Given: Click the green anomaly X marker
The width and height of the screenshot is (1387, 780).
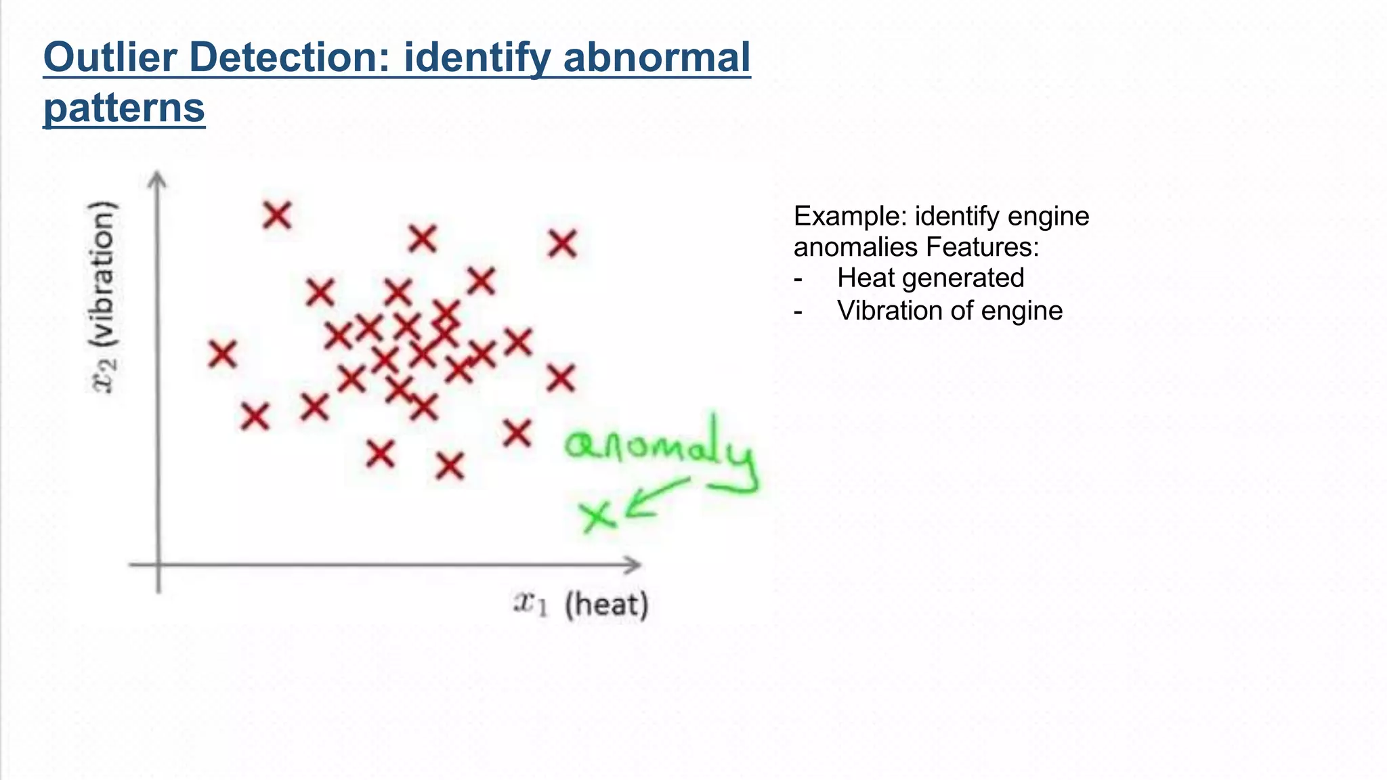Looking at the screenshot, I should pos(598,517).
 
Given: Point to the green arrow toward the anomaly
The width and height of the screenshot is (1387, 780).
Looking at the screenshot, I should pos(654,498).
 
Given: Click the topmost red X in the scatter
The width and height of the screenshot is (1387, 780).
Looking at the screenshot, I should pos(277,215).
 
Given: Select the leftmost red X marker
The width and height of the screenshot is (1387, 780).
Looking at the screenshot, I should pos(222,354).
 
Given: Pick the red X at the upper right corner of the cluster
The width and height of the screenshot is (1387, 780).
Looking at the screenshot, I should pos(562,243).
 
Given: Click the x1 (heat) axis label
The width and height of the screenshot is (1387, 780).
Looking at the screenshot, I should pos(580,604).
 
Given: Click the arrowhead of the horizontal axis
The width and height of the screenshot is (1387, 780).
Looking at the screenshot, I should pos(633,564).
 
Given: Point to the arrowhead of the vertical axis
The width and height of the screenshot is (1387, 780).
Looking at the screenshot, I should pos(157,180).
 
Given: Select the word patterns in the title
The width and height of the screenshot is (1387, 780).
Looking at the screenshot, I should pos(124,108).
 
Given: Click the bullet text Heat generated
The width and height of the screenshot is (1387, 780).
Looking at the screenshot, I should pos(930,278).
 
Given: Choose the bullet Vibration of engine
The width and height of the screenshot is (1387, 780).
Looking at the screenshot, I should pos(949,311).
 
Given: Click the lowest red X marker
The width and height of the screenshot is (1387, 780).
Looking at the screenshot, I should pos(450,466).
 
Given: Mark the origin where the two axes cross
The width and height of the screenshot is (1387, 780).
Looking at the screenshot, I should pos(158,564).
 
